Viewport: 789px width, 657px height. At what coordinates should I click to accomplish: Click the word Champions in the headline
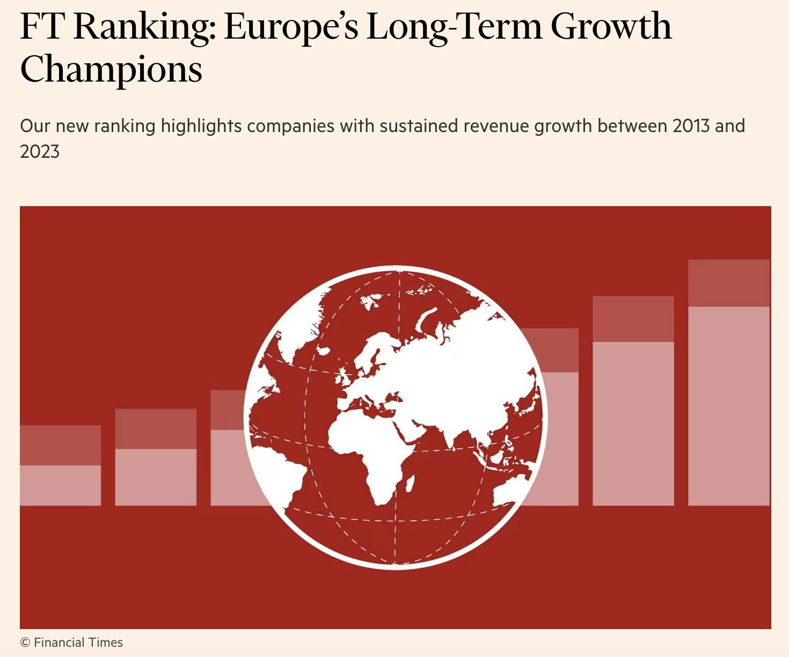[111, 70]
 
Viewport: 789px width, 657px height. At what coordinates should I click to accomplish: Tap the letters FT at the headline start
[41, 27]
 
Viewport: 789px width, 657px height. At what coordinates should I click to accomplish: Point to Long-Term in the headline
[454, 27]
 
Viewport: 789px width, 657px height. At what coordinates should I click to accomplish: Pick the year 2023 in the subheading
[40, 152]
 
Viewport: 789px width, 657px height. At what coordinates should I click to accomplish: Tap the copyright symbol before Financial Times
[25, 643]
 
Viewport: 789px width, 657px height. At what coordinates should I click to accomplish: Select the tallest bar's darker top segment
[728, 283]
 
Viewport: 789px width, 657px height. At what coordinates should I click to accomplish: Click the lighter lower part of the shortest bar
[60, 485]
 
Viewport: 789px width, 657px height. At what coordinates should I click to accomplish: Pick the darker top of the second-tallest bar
[633, 319]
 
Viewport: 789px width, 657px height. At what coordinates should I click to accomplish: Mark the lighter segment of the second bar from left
[156, 477]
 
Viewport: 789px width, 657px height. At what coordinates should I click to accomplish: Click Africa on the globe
[370, 456]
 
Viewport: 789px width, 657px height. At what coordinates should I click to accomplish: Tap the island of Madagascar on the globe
[408, 483]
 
